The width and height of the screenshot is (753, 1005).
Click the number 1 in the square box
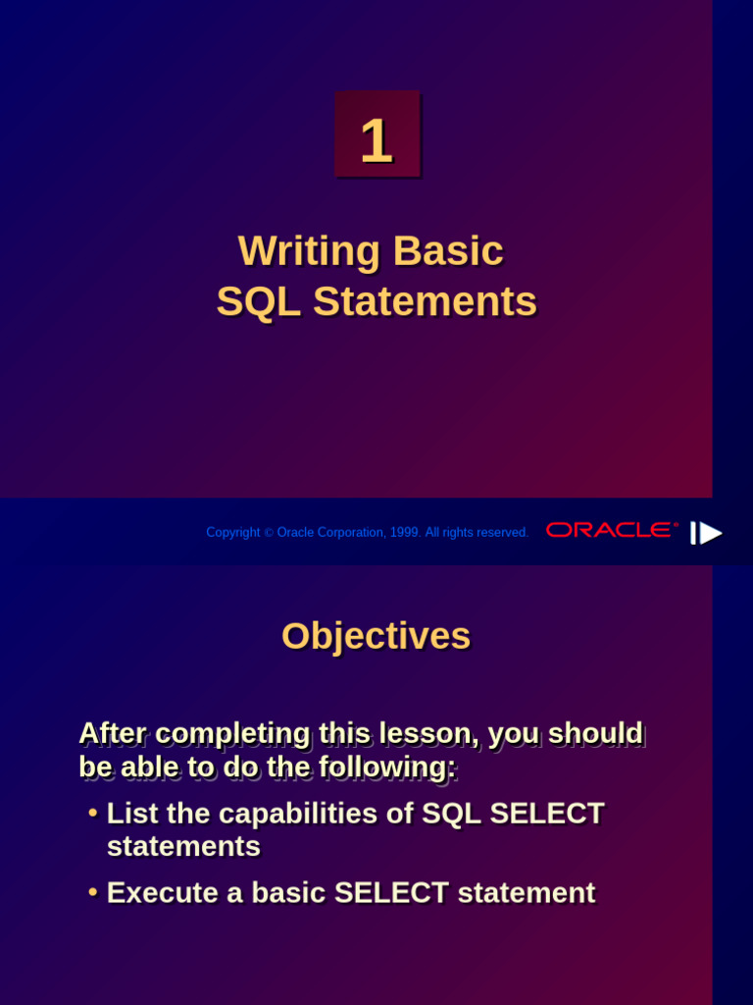click(376, 141)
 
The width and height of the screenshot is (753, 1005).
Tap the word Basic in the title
click(448, 251)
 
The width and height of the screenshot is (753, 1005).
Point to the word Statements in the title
click(425, 302)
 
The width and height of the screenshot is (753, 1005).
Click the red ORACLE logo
click(611, 530)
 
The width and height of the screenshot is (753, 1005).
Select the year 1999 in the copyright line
click(404, 533)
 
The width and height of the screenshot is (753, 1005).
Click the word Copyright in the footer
click(232, 533)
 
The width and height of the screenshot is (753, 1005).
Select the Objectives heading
click(376, 636)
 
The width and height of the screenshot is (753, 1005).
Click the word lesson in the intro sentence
click(432, 733)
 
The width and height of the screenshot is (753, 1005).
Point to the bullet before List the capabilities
click(92, 814)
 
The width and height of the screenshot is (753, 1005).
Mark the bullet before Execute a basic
click(92, 893)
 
